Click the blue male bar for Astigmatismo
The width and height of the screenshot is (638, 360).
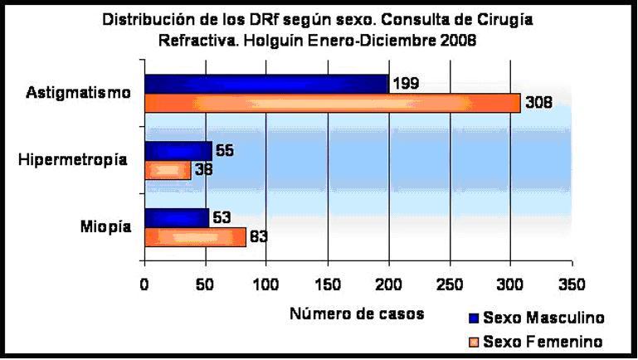[x=266, y=84]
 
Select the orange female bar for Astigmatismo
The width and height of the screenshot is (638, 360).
[x=332, y=103]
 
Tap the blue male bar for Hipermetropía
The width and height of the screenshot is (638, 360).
[x=178, y=151]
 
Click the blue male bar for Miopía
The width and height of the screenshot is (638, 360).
[x=176, y=218]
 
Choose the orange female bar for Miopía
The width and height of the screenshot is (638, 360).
[x=195, y=237]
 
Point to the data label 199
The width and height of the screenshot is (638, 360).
[x=407, y=83]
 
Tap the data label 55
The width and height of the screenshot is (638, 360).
[x=225, y=150]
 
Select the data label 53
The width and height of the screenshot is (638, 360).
[x=222, y=218]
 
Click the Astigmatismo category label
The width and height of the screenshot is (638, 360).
[x=78, y=93]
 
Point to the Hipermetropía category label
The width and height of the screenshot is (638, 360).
[x=73, y=159]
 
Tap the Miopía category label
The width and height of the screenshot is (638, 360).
[x=105, y=226]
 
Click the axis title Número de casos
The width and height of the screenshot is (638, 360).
[x=358, y=314]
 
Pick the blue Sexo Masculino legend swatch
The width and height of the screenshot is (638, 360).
[x=474, y=318]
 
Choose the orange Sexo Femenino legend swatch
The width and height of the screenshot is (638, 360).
[x=474, y=341]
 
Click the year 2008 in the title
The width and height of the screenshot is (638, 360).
[x=458, y=41]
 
